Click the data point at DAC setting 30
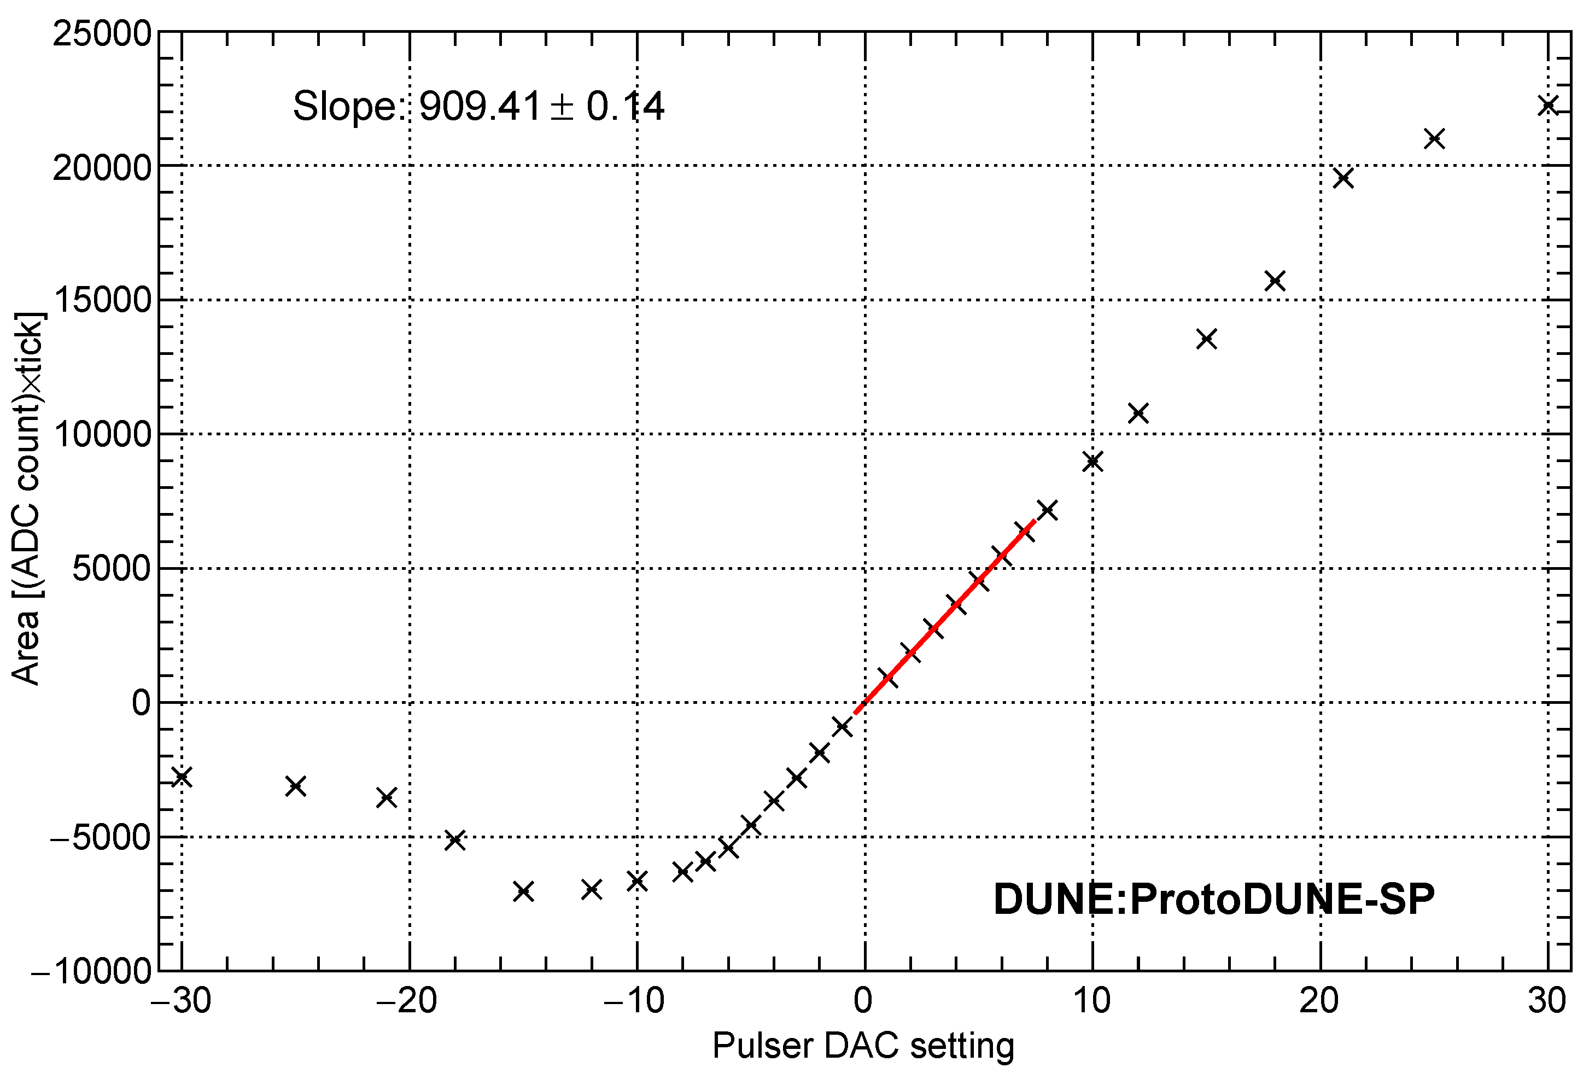[1547, 106]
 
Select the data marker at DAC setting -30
[182, 777]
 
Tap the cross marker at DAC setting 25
[1434, 139]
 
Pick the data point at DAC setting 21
[1343, 178]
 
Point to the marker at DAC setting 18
[1275, 281]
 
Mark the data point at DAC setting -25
[296, 786]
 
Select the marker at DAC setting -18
[455, 840]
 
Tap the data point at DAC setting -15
[524, 891]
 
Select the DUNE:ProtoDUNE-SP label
[1214, 899]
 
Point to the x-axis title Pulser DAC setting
[863, 1046]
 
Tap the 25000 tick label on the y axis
[102, 33]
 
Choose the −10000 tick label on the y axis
[92, 971]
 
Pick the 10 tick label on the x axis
[1092, 1001]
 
